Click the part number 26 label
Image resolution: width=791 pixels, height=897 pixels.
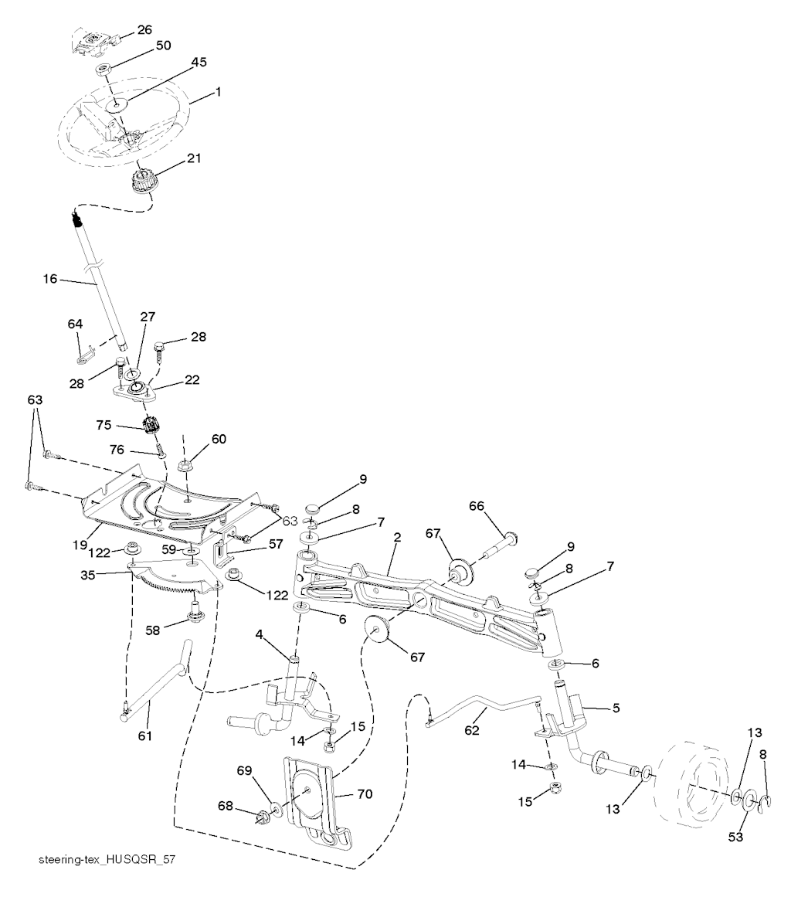tap(144, 31)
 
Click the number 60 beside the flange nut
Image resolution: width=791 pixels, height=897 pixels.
tap(219, 440)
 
